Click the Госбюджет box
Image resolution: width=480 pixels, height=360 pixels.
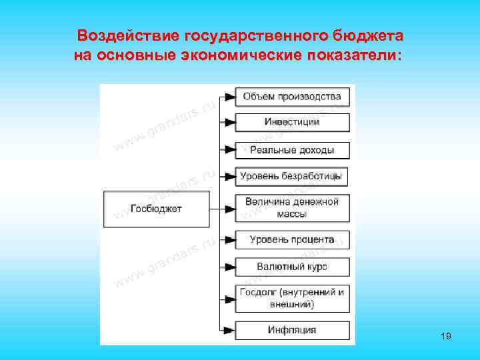[157, 209]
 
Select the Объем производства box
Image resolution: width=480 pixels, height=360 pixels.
[292, 97]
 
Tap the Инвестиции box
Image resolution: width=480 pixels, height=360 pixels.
[292, 122]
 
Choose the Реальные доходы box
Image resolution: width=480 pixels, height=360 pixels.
[292, 149]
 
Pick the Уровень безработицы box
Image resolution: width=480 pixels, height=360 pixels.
[292, 177]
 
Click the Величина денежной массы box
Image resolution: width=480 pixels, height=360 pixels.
[292, 208]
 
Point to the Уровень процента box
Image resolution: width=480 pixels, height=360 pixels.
[292, 239]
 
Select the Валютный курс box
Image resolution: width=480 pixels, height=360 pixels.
[292, 267]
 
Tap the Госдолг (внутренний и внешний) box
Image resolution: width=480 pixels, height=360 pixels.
[292, 298]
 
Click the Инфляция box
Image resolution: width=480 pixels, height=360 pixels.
[292, 330]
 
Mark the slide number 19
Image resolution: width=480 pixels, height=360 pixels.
[446, 337]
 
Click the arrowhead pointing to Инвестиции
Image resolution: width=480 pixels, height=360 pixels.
[229, 122]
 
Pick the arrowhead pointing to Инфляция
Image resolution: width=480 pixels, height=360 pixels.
[229, 330]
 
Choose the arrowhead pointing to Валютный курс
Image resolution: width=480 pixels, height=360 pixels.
[229, 267]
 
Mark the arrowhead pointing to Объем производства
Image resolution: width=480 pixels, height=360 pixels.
[229, 97]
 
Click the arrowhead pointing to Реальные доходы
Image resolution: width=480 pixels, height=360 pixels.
[229, 149]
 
